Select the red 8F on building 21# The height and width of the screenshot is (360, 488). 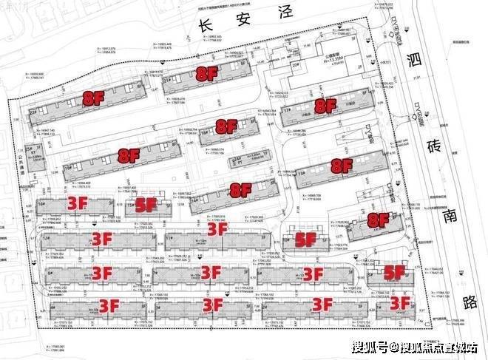(x=206, y=73)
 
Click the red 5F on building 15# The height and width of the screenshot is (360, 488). (x=146, y=205)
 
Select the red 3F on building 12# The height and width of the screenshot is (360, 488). (x=101, y=238)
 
